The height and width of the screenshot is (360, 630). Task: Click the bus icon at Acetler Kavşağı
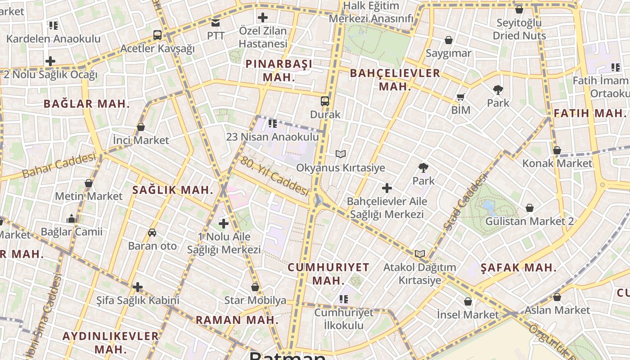(x=157, y=35)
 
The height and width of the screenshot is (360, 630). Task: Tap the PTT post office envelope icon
(x=216, y=22)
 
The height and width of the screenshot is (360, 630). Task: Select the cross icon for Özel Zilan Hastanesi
(x=263, y=18)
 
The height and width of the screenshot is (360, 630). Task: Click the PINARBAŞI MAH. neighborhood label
(x=279, y=70)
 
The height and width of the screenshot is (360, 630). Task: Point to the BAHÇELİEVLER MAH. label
(x=395, y=79)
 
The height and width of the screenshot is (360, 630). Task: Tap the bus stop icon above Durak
(x=325, y=101)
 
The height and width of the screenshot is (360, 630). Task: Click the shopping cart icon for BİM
(x=460, y=97)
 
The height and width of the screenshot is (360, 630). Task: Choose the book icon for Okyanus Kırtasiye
(x=341, y=154)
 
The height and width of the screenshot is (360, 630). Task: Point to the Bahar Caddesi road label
(x=59, y=165)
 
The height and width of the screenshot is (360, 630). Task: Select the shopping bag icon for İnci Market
(x=141, y=127)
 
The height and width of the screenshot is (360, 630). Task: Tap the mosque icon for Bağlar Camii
(x=72, y=219)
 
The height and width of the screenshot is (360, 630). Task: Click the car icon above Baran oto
(x=152, y=233)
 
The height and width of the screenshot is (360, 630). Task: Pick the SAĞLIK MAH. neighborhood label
(x=173, y=190)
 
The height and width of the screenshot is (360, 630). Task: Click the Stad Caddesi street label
(x=465, y=202)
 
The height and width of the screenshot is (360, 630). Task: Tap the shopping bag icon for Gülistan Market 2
(x=530, y=208)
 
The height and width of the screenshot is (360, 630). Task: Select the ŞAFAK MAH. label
(x=518, y=268)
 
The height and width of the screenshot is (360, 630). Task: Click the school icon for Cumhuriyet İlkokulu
(x=344, y=299)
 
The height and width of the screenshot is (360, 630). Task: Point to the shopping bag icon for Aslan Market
(x=557, y=297)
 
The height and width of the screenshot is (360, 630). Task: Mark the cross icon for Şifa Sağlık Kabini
(x=138, y=287)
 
